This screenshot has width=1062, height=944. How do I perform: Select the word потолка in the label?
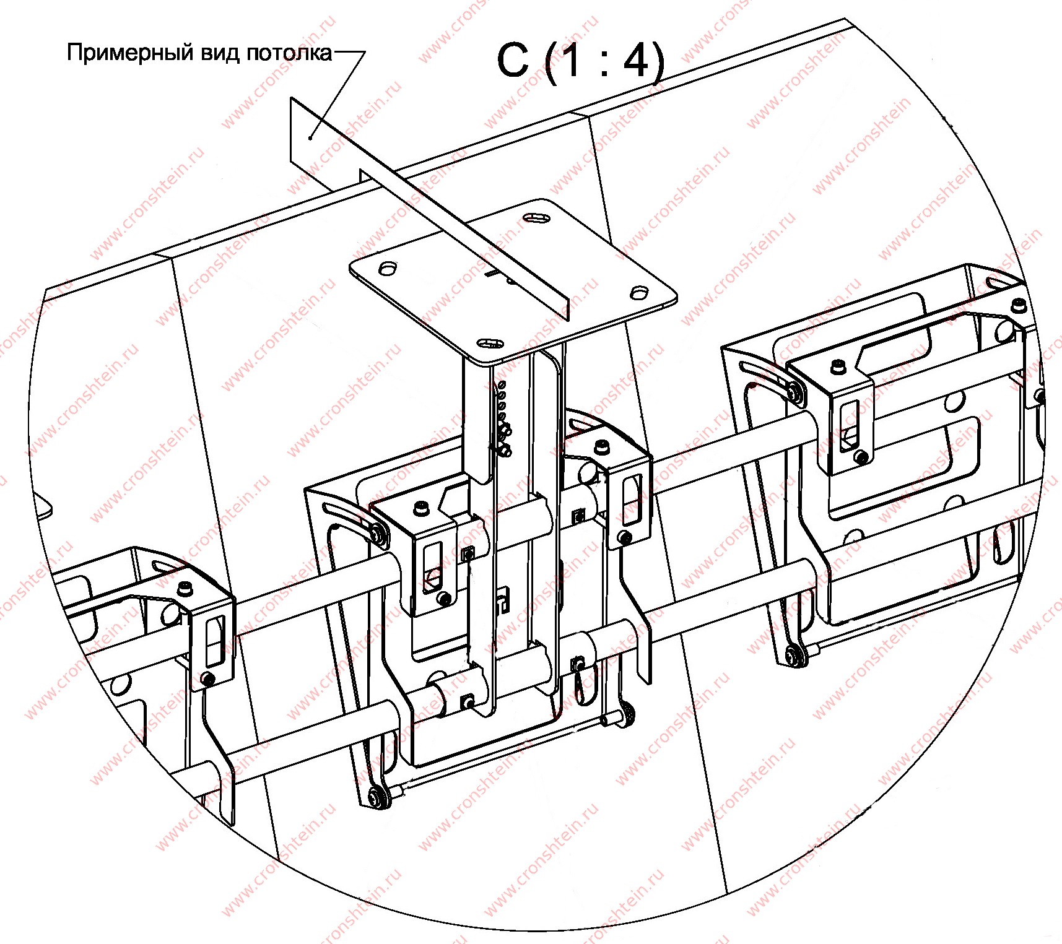coord(289,53)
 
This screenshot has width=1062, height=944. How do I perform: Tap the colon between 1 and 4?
coord(604,64)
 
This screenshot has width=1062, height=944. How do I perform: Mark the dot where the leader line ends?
coord(310,137)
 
